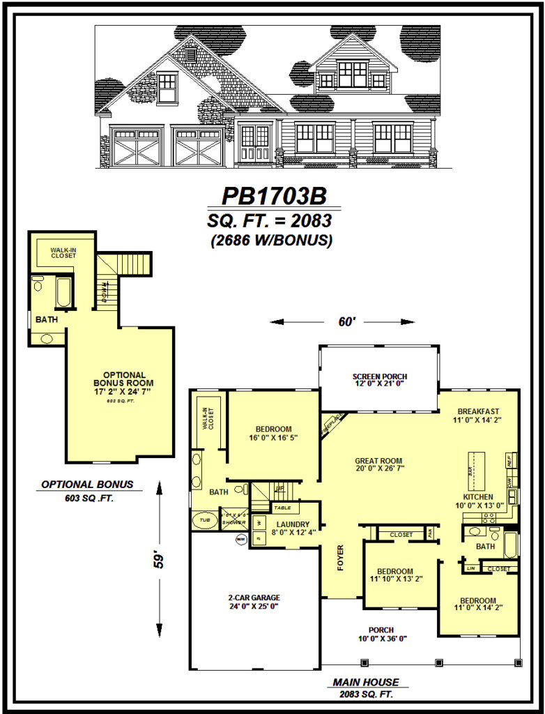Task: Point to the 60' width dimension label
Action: (341, 322)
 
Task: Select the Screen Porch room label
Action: (378, 380)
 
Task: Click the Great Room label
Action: (378, 465)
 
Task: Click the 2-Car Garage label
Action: (254, 601)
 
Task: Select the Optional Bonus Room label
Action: (124, 383)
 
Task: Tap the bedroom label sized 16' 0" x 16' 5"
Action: (273, 433)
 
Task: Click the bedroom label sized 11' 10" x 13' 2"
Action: (395, 575)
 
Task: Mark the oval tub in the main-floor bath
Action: (204, 520)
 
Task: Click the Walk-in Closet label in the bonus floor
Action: (63, 252)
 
